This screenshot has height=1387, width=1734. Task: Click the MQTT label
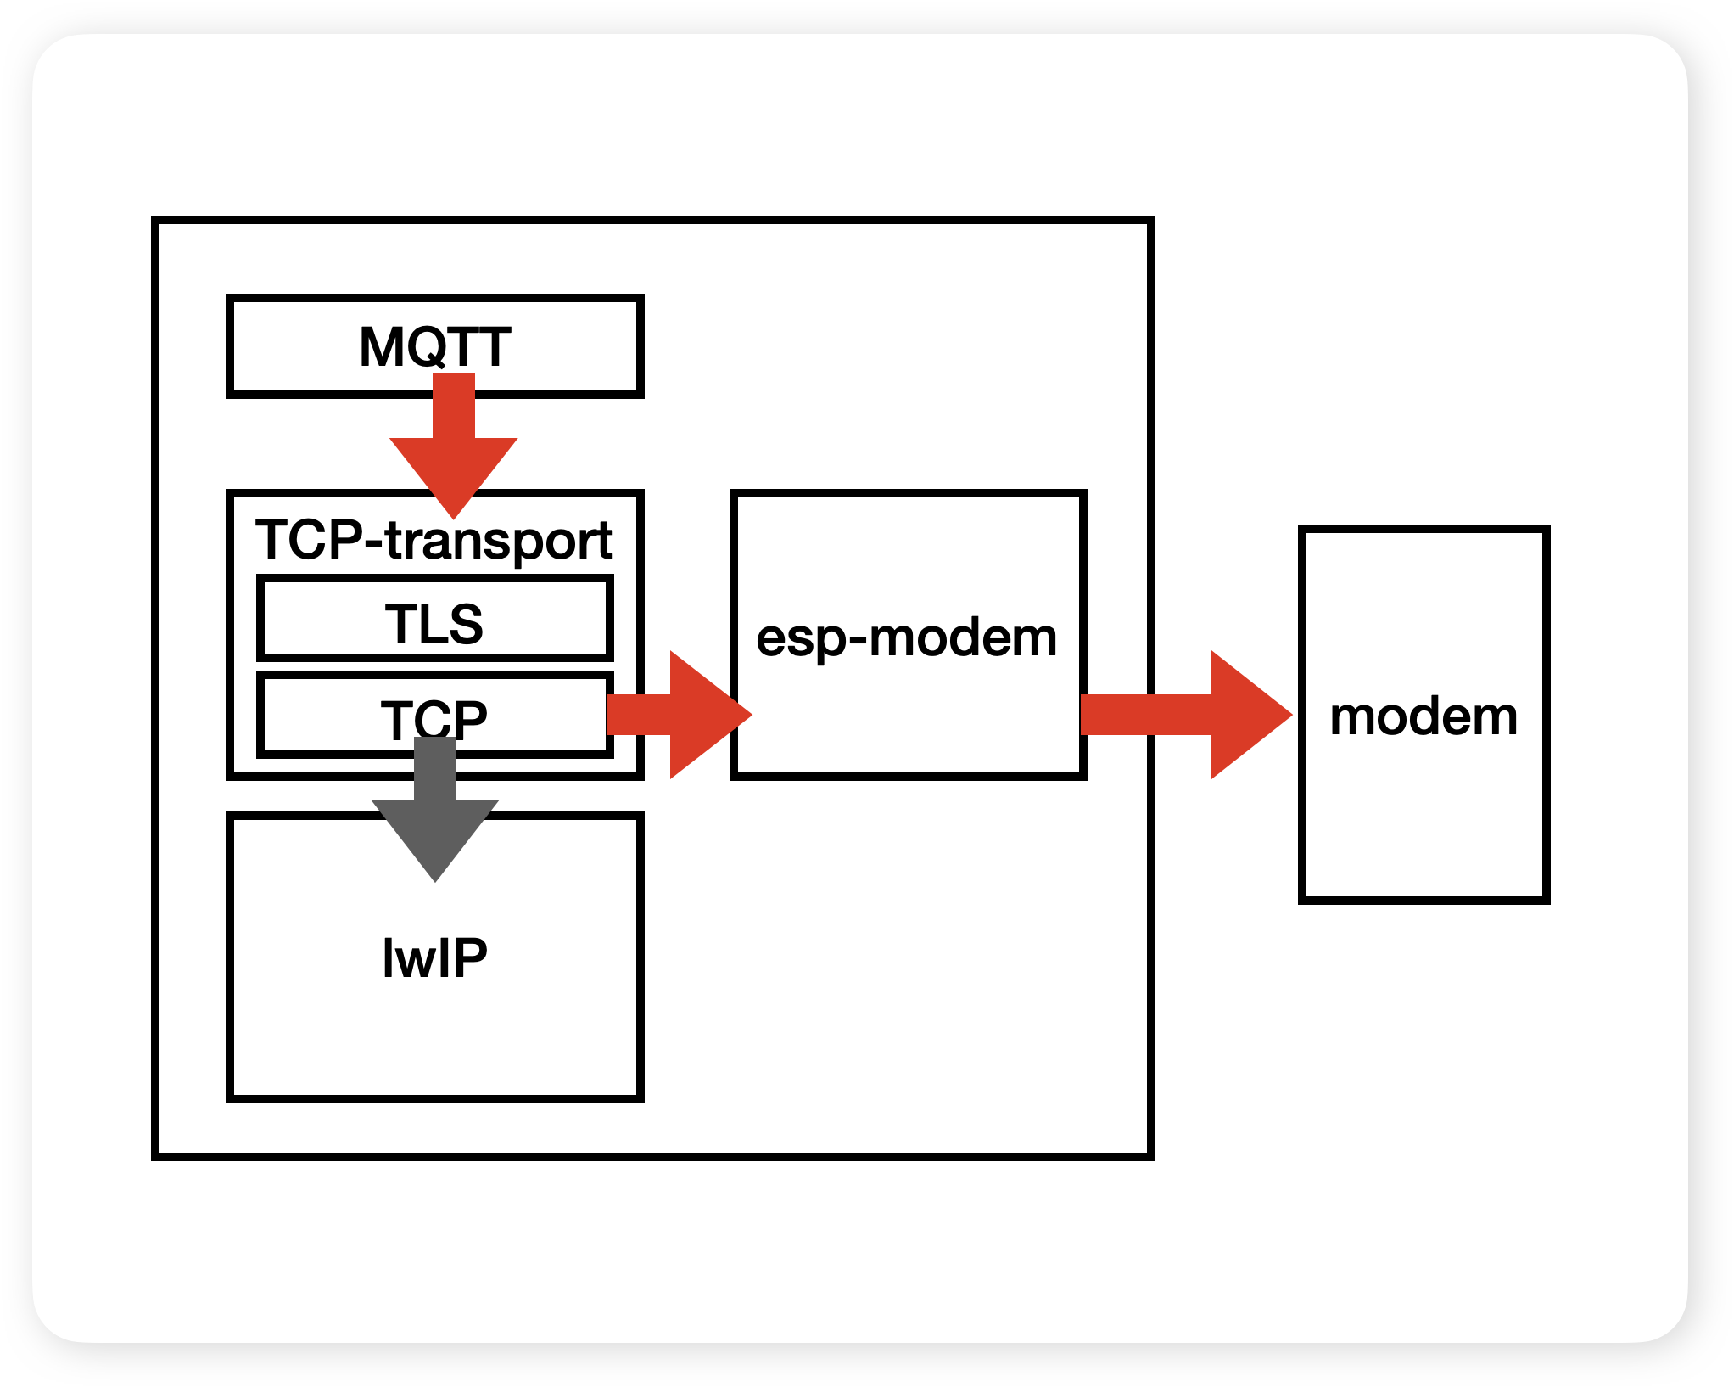[x=434, y=346]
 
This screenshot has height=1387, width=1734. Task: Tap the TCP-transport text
[x=433, y=540]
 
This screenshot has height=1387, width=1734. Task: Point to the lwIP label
[x=434, y=958]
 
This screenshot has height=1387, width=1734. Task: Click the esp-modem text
[x=906, y=637]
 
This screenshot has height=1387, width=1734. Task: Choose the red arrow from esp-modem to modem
[x=1188, y=715]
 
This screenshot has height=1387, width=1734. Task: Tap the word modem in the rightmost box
[x=1424, y=716]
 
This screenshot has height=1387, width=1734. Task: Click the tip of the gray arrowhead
[x=435, y=879]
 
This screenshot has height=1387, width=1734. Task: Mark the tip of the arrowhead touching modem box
[x=1289, y=715]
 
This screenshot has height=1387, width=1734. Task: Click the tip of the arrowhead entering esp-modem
[x=750, y=715]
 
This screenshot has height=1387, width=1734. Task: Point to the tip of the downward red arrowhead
[x=454, y=516]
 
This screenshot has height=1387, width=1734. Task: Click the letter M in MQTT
[x=381, y=346]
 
